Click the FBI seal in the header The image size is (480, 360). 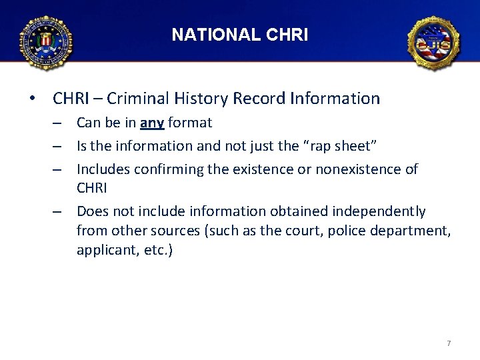[46, 42]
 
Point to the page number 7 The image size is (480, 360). [449, 343]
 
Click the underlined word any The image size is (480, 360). [152, 123]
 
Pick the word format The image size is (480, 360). [190, 123]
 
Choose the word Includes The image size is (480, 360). [103, 169]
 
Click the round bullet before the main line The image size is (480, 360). [31, 99]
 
